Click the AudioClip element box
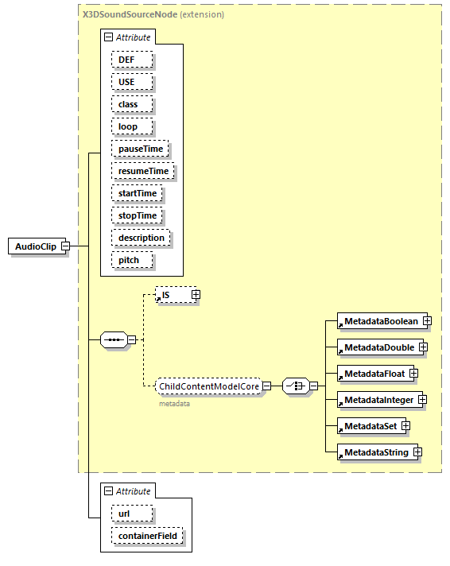(x=35, y=246)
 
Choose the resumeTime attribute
(x=143, y=171)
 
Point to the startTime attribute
(x=138, y=193)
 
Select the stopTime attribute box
(x=138, y=215)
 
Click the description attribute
(x=142, y=238)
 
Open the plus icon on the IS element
(x=196, y=295)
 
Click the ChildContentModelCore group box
(x=208, y=386)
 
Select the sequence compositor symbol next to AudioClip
(x=114, y=340)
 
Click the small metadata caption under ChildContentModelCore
(x=175, y=404)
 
